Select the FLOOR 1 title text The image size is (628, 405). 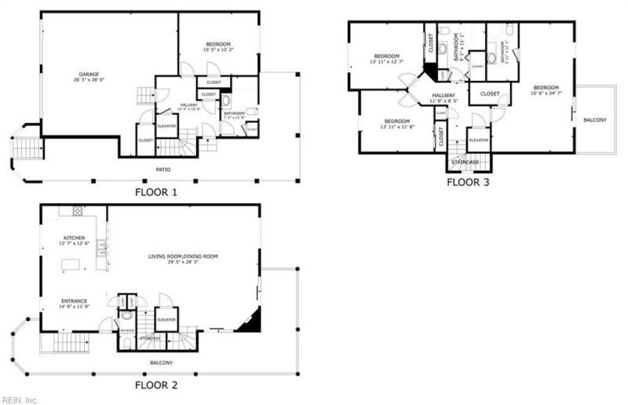157,192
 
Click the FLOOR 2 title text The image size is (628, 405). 157,385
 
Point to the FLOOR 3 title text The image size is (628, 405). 468,182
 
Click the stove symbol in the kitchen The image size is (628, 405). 78,211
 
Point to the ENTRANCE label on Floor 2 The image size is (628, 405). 75,301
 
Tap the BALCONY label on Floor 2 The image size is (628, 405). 161,363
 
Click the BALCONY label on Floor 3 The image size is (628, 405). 595,119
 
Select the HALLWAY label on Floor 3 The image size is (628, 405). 443,95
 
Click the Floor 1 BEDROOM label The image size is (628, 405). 217,44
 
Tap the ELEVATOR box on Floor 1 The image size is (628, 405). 166,126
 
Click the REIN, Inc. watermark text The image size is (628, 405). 20,400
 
